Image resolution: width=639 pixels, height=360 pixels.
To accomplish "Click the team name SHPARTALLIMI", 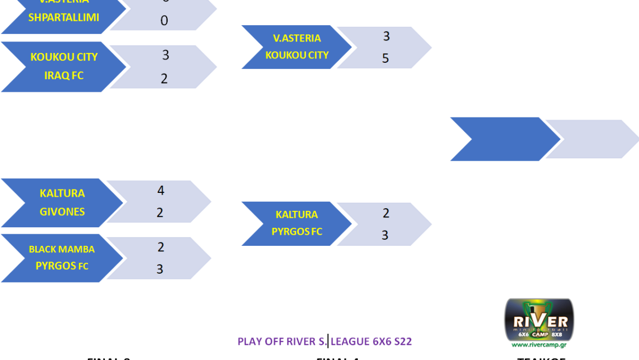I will [x=64, y=17].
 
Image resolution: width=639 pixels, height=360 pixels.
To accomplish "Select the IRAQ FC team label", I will [x=64, y=75].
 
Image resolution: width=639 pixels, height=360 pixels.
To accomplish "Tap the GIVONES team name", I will [x=62, y=212].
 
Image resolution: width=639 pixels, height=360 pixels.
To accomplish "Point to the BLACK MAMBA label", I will [x=62, y=249].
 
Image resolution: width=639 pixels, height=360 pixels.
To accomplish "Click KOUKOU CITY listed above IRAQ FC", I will [x=64, y=57].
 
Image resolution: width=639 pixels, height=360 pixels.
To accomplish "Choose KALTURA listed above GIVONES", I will [x=62, y=193].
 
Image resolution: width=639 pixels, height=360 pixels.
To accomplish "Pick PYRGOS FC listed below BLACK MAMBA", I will [x=62, y=266].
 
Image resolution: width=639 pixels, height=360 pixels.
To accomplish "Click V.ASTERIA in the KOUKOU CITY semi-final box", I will [x=297, y=38].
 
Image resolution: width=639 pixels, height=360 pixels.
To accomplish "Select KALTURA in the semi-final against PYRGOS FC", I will [x=297, y=215].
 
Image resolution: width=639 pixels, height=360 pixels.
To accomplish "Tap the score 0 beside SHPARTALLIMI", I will [x=164, y=21].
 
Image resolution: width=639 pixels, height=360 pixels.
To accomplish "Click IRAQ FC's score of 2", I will [x=164, y=79].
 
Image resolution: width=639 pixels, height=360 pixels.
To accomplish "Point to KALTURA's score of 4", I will [x=161, y=191].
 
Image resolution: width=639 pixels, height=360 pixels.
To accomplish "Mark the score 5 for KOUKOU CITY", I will [x=386, y=58].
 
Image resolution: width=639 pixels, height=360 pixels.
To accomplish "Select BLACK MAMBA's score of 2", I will [x=161, y=247].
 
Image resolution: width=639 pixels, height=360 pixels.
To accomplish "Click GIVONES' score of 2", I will [x=160, y=213].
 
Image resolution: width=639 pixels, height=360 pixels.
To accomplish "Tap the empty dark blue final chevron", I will [x=502, y=139].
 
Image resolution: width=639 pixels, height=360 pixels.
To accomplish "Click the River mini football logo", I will [x=539, y=319].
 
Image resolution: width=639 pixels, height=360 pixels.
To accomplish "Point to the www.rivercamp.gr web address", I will [x=539, y=345].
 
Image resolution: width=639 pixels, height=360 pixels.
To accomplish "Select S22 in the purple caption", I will [x=403, y=342].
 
